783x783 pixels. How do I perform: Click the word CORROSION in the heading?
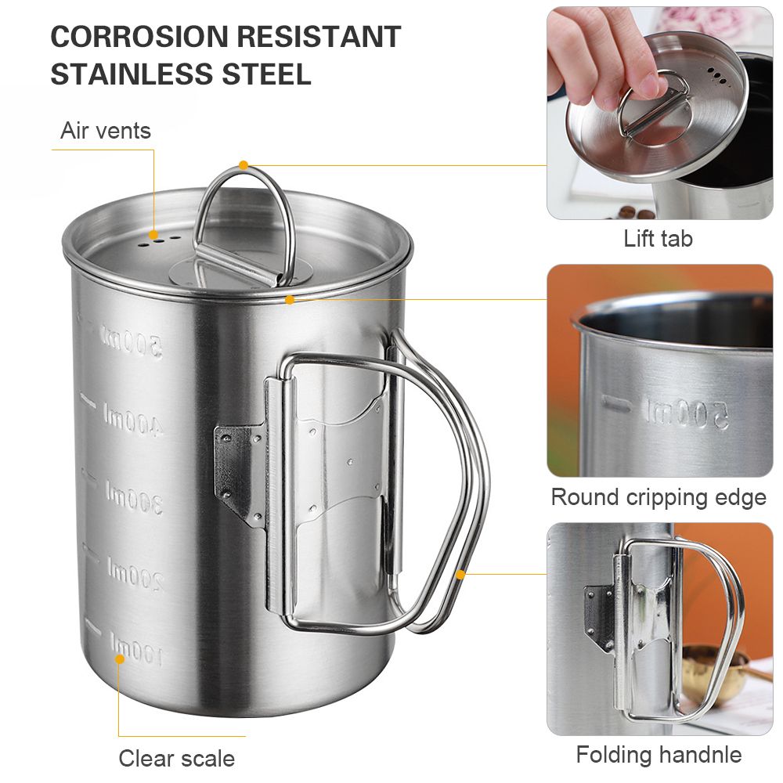[139, 36]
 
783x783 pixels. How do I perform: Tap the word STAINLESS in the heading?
[132, 74]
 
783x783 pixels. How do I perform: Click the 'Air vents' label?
[106, 131]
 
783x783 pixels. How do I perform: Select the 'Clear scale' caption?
[177, 759]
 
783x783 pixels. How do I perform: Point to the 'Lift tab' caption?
[659, 239]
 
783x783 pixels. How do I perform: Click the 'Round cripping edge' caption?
[659, 497]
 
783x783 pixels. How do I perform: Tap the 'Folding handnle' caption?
[659, 755]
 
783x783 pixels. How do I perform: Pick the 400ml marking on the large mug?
[132, 420]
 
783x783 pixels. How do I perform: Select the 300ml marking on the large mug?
[134, 497]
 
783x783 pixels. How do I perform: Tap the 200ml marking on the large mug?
[135, 574]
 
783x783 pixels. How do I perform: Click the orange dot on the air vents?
[153, 235]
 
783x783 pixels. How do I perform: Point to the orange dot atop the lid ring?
[244, 164]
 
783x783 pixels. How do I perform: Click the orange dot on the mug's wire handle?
[461, 574]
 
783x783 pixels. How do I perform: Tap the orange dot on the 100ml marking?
[120, 659]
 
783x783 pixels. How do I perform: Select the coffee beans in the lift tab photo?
[636, 213]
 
